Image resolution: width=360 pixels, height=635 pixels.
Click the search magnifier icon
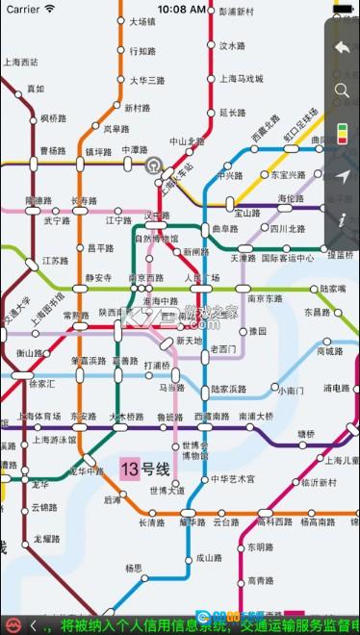coord(342,91)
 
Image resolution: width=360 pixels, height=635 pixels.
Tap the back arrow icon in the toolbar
coord(342,47)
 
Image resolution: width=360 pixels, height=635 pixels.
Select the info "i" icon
coord(342,220)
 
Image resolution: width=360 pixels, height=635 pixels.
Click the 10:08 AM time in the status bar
coord(181,9)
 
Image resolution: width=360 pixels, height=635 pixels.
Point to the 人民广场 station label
coord(202,278)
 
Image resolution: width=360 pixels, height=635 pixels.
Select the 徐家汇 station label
coord(43,383)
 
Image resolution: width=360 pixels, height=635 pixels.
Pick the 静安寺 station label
coord(99,278)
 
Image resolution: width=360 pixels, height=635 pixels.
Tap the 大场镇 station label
coord(141,20)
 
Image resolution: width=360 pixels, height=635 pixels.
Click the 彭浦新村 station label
coord(236,13)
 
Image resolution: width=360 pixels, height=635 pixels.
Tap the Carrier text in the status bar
coord(23,9)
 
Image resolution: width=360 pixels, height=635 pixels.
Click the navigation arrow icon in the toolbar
coord(342,176)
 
